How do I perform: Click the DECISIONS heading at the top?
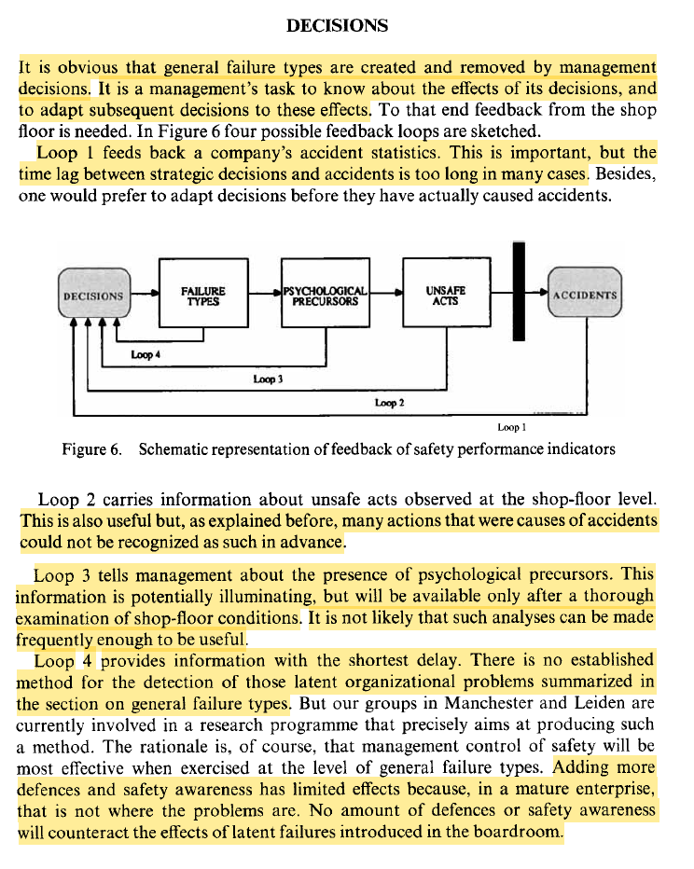point(337,26)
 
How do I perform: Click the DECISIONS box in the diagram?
point(92,296)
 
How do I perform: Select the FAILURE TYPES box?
point(202,295)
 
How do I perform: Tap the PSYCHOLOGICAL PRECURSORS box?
point(326,296)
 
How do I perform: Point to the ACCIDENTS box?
point(585,295)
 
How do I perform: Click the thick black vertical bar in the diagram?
point(519,292)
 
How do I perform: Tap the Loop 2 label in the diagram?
point(389,402)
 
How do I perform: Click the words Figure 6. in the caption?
point(91,449)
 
